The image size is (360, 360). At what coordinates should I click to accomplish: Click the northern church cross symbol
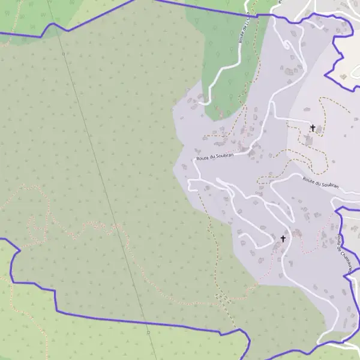coord(313,128)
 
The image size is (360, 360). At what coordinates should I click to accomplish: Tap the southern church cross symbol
coord(283,239)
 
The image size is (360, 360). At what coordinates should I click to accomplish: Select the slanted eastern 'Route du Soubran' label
coord(320,182)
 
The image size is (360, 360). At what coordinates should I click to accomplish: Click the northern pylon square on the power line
coord(64,54)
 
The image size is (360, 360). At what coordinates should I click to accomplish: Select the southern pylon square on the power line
coord(148,331)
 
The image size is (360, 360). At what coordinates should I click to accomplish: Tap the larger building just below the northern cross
coord(309,140)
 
